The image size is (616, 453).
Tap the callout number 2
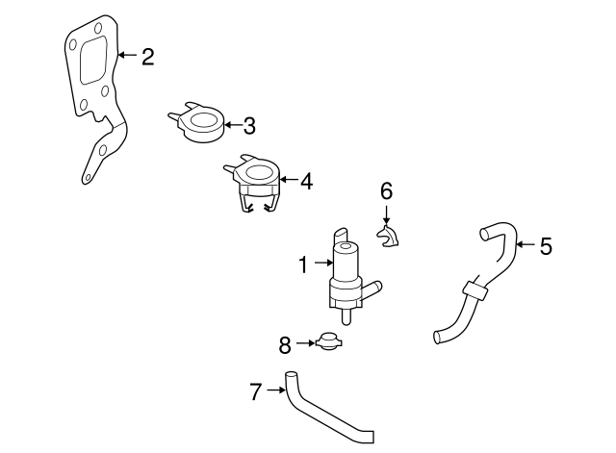click(147, 57)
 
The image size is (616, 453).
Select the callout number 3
click(248, 125)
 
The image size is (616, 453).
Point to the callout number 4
click(306, 180)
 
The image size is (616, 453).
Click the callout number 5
click(546, 246)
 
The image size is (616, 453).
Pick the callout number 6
click(386, 190)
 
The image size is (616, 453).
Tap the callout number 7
click(255, 390)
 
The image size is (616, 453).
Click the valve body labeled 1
click(347, 274)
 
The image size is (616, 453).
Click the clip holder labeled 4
click(256, 183)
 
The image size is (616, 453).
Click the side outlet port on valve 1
click(374, 286)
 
